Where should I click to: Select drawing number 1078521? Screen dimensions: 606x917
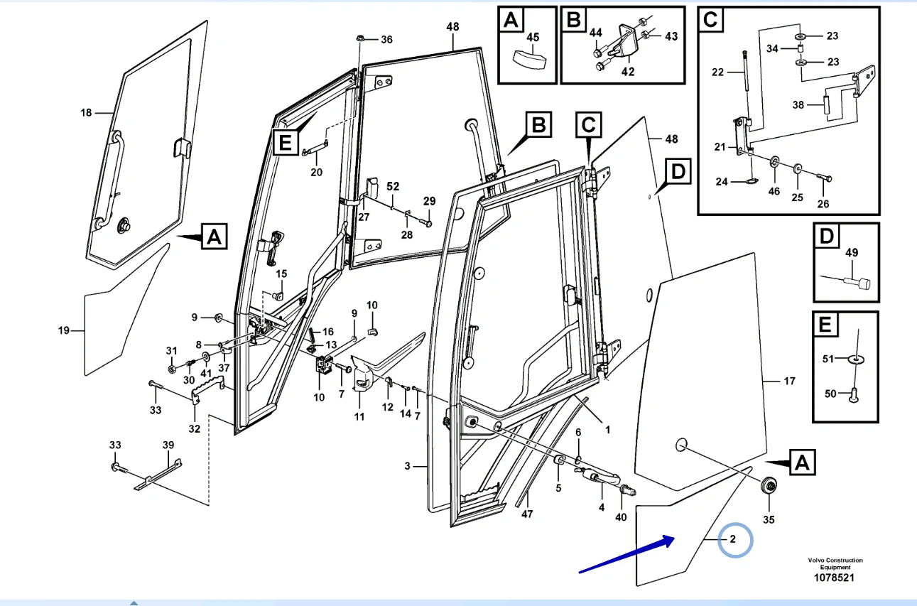(835, 578)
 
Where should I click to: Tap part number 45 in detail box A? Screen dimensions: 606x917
(532, 37)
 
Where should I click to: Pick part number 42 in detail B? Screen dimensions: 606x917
(628, 71)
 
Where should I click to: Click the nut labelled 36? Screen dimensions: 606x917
(359, 38)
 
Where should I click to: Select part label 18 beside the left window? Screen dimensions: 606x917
(86, 112)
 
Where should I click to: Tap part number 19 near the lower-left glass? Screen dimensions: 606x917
(64, 330)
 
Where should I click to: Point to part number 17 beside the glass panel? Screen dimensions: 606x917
(789, 381)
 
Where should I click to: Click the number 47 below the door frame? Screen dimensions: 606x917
(526, 514)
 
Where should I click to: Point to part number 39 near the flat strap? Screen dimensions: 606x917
(168, 445)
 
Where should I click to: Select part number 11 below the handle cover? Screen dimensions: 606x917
(359, 416)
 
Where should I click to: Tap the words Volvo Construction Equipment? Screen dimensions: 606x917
(835, 563)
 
